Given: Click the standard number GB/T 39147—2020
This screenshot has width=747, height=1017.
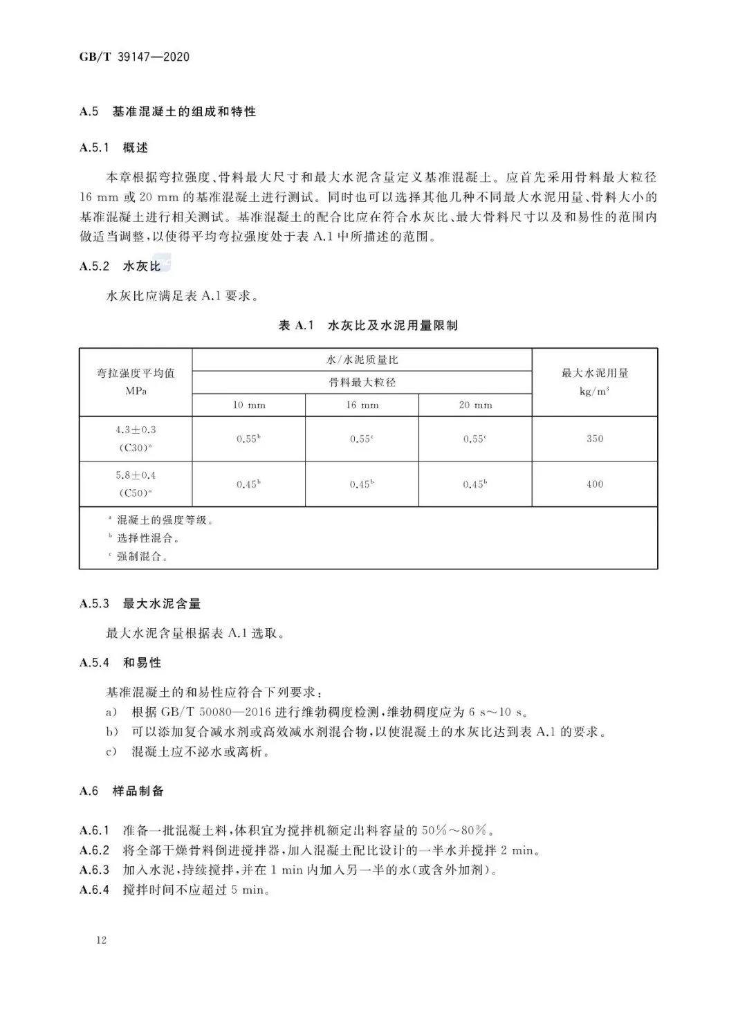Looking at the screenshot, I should pos(134,57).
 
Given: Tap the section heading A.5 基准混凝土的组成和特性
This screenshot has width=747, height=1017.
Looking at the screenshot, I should pos(167,111).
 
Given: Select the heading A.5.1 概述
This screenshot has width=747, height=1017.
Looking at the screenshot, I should pos(114,147).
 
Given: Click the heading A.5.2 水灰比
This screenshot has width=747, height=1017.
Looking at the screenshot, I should pos(120,266).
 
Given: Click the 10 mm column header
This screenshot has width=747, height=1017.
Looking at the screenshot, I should pos(249,405).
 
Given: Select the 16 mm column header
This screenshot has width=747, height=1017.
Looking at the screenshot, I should pos(362,405).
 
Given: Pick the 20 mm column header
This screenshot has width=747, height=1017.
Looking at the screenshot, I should pos(475,405).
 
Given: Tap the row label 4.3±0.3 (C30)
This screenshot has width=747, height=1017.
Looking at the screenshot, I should pos(136,439).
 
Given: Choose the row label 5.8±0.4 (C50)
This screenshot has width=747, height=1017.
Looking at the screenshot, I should pos(136,484).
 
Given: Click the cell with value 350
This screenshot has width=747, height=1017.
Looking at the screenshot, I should pos(595,439).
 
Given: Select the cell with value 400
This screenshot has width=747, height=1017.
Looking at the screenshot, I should pos(595,484).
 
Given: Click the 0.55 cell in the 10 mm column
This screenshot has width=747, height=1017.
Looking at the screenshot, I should pos(248,439).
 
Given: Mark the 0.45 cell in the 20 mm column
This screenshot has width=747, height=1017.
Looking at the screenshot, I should pos(475,484).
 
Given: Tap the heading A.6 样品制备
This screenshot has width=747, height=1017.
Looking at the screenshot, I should pos(122,791).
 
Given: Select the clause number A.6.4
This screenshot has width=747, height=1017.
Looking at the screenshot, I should pos(95,890).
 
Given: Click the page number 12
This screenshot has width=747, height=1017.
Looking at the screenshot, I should pos(102,940).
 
